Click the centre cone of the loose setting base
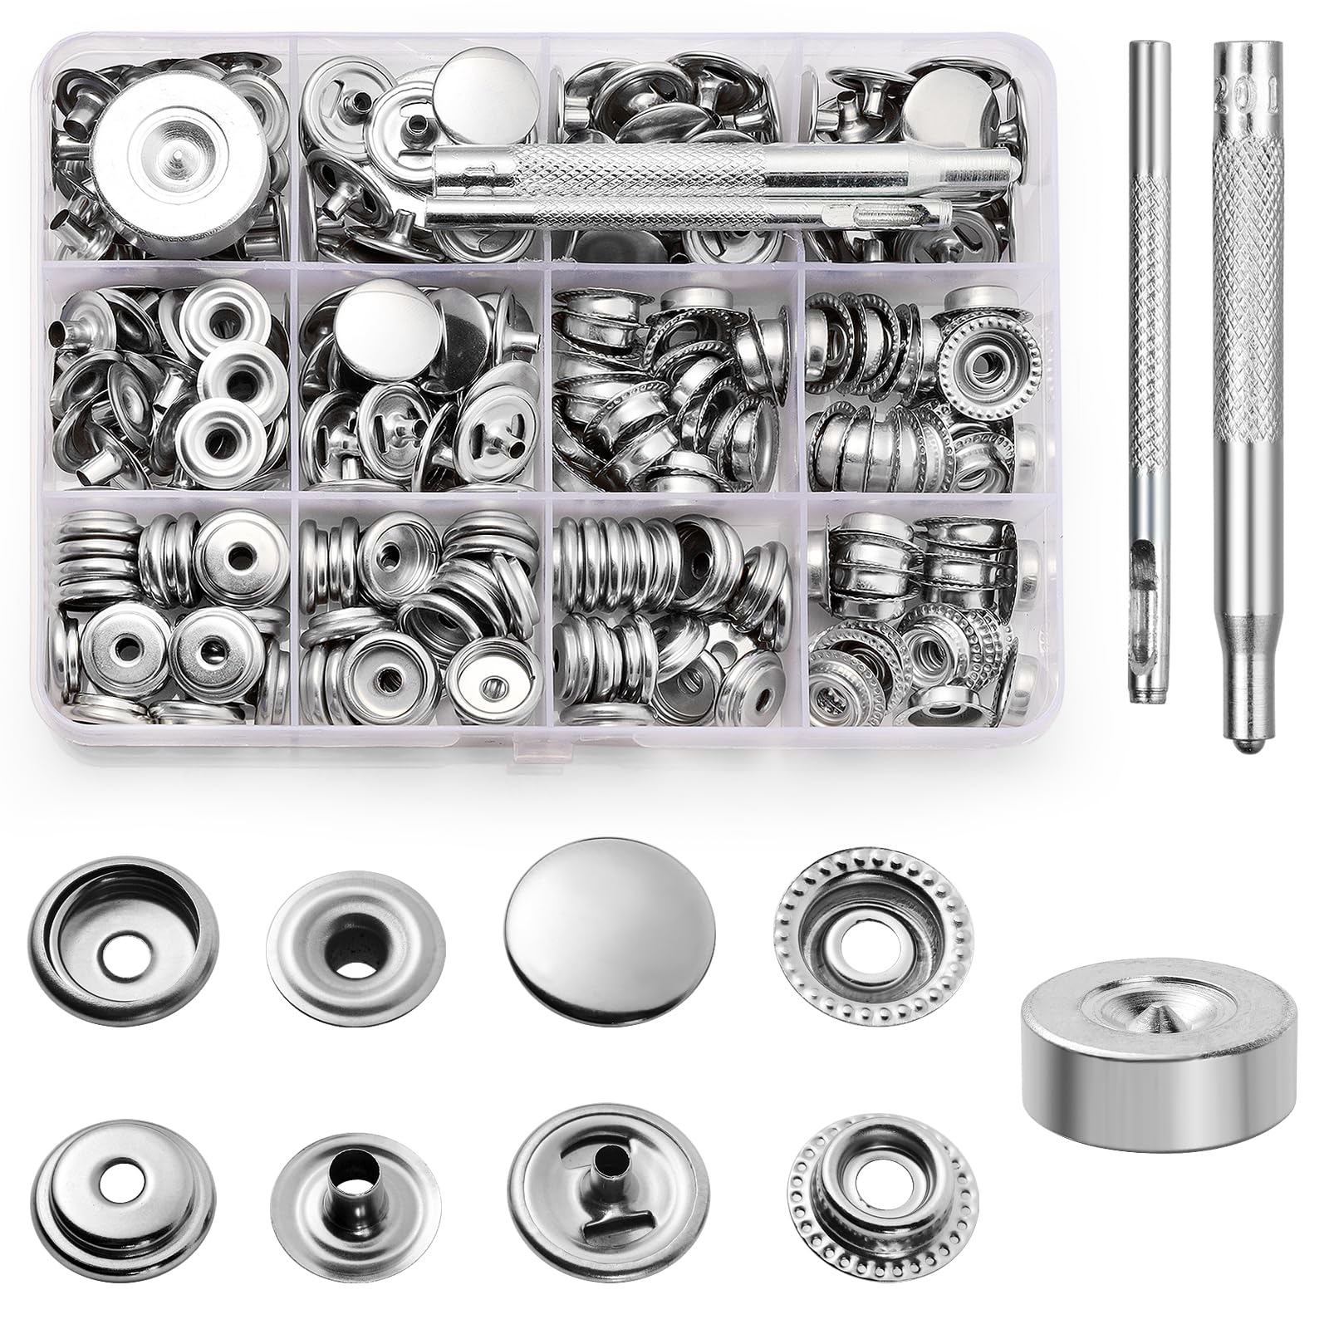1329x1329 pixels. click(x=1157, y=997)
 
